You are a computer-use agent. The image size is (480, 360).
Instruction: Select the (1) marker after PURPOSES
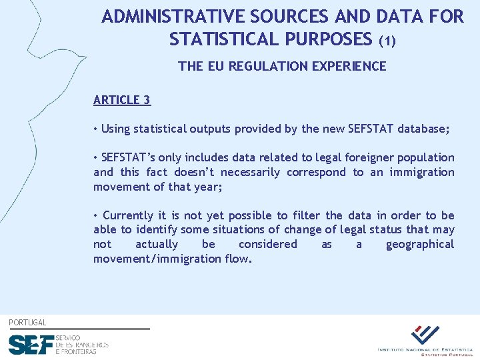coord(387,41)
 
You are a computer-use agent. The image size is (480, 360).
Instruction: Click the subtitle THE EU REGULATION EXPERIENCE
coord(282,66)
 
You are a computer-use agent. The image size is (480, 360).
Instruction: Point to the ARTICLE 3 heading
coord(122,100)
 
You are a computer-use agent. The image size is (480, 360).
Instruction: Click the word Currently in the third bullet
coord(129,215)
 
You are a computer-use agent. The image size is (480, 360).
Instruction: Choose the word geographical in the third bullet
coord(419,244)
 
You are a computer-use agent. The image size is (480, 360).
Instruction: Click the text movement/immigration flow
coord(173,259)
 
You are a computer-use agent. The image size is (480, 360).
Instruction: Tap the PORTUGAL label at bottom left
coord(27,323)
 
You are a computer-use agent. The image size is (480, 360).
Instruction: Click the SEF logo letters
coord(31,345)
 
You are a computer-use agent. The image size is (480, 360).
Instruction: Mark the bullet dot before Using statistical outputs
coord(97,129)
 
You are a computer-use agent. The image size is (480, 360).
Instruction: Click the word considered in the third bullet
coord(268,244)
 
